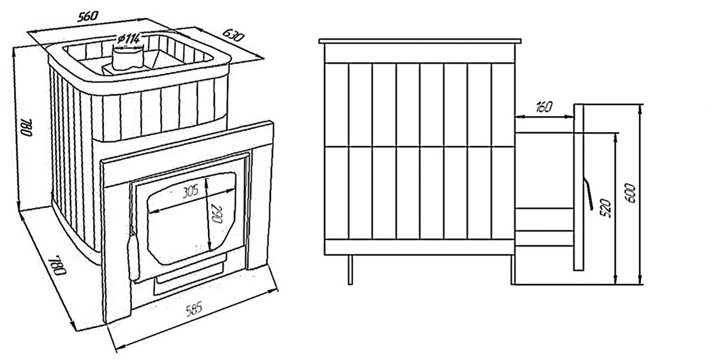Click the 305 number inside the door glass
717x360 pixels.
(191, 190)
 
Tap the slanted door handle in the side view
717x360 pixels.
(590, 194)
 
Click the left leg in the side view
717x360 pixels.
(349, 270)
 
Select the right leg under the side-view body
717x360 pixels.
(512, 270)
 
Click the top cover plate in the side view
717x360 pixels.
(421, 42)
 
